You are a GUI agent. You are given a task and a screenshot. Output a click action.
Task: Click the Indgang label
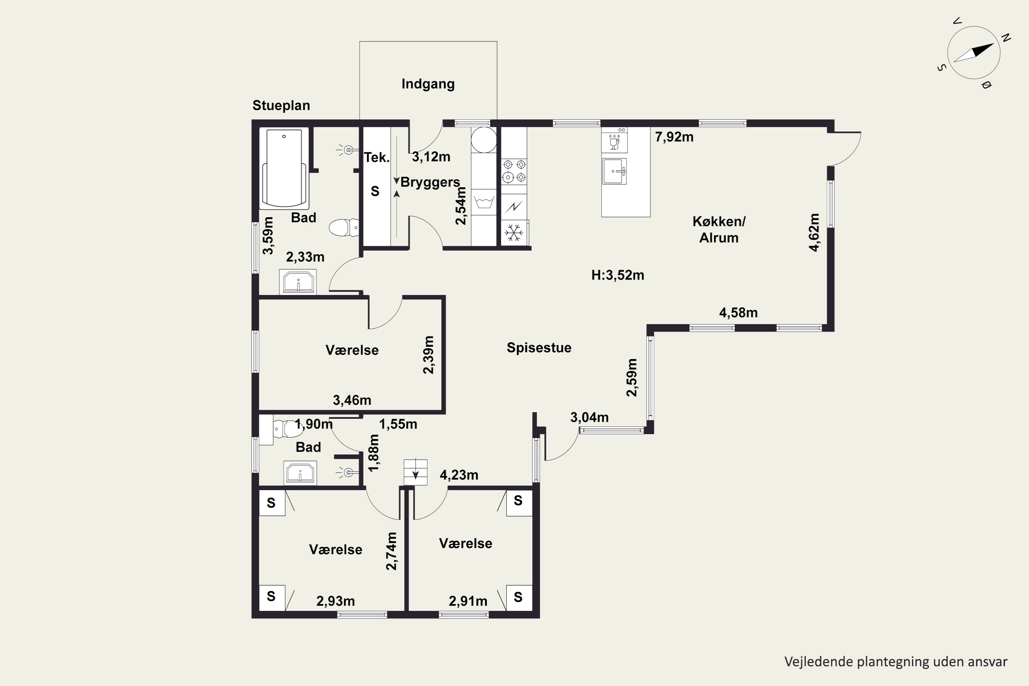pyautogui.click(x=428, y=84)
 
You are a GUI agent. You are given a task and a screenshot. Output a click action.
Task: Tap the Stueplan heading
pyautogui.click(x=281, y=105)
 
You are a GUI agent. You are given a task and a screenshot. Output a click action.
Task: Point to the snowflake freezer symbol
pyautogui.click(x=513, y=233)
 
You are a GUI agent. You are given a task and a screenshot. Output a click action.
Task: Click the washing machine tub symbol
pyautogui.click(x=484, y=203)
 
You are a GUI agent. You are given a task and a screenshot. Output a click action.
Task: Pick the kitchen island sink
pyautogui.click(x=614, y=171)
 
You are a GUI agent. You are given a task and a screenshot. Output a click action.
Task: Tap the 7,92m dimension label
pyautogui.click(x=674, y=137)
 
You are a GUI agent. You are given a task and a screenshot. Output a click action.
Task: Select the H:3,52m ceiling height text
pyautogui.click(x=618, y=275)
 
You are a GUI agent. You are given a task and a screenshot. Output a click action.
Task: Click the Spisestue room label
pyautogui.click(x=539, y=348)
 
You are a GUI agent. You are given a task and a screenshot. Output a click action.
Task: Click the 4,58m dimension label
pyautogui.click(x=738, y=313)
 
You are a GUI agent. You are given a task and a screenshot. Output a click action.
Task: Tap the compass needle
pyautogui.click(x=974, y=52)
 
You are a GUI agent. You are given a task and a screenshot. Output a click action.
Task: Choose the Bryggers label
pyautogui.click(x=430, y=182)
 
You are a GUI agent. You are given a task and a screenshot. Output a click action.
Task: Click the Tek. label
pyautogui.click(x=377, y=157)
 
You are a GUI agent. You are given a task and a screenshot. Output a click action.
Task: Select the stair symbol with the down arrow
pyautogui.click(x=415, y=472)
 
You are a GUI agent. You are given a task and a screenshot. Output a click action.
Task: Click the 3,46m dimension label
pyautogui.click(x=352, y=400)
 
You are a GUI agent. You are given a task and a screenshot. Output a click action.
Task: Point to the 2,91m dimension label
pyautogui.click(x=468, y=602)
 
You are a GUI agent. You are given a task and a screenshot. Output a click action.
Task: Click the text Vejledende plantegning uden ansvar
pyautogui.click(x=896, y=662)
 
